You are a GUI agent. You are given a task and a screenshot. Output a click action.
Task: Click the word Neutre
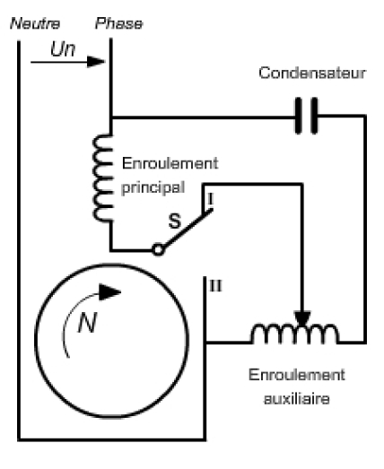click(x=35, y=23)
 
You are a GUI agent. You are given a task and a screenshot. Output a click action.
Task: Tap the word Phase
click(x=118, y=23)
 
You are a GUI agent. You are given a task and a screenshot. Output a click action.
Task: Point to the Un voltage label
click(x=63, y=48)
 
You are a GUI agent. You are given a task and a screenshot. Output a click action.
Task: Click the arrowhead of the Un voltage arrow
click(x=96, y=62)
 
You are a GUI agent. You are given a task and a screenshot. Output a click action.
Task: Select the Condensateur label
click(x=312, y=73)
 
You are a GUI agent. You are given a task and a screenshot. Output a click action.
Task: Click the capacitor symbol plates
click(x=306, y=116)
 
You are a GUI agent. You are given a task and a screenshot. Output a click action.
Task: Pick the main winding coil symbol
click(x=102, y=178)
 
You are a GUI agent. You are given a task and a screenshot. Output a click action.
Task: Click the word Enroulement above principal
click(x=170, y=163)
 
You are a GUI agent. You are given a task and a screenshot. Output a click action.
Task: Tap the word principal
click(x=153, y=188)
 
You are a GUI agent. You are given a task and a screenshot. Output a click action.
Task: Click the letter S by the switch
click(x=175, y=221)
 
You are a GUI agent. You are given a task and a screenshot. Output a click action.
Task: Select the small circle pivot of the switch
click(x=158, y=249)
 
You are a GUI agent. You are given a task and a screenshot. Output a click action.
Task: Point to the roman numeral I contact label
click(x=211, y=199)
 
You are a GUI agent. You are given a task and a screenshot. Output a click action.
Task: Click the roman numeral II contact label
click(x=216, y=286)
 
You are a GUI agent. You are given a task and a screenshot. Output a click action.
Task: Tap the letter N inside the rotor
click(x=87, y=323)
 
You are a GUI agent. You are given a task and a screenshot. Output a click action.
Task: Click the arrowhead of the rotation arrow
click(x=109, y=292)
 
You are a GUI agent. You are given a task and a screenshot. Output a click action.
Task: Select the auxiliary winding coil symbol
click(x=295, y=334)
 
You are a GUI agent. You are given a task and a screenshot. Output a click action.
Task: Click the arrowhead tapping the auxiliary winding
click(x=302, y=319)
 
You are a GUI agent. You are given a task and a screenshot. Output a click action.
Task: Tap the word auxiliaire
click(x=297, y=399)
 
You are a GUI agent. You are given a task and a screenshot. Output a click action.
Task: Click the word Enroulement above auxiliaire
click(x=297, y=375)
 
